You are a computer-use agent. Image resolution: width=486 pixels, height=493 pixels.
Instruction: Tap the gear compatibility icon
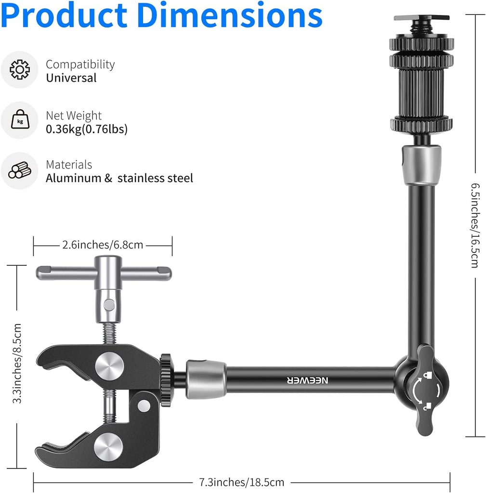coord(19,70)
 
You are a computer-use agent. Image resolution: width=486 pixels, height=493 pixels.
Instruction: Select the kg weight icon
coord(19,121)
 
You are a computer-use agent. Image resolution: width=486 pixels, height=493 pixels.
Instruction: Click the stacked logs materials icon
coord(19,170)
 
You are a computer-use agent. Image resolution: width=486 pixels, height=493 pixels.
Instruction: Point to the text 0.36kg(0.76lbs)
coord(86,129)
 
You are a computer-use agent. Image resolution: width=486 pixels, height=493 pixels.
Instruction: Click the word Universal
coord(71,78)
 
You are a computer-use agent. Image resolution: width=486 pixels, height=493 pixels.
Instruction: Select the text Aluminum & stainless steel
coord(119,178)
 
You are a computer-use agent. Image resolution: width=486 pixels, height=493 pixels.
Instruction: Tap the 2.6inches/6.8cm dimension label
coord(103,245)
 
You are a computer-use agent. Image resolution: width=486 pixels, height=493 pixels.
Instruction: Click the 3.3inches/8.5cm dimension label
coord(17,363)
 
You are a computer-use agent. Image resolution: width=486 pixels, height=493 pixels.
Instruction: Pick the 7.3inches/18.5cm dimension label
coord(242,481)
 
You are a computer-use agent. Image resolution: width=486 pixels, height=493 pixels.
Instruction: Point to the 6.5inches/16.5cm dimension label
coord(474,225)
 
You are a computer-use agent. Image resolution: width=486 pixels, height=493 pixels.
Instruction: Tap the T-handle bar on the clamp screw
coord(104,273)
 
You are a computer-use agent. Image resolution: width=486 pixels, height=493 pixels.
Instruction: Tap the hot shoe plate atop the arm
coord(421,18)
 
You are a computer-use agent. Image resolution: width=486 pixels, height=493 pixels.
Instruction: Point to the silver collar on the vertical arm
coord(421,165)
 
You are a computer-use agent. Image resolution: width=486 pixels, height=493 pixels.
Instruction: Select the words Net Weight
coord(74,116)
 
